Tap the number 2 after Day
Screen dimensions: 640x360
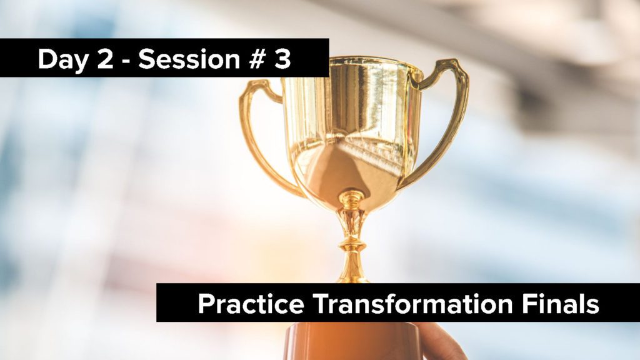(105, 59)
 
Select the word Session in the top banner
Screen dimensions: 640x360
(189, 59)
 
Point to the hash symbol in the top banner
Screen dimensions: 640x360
(257, 59)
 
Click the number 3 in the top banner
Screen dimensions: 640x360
(282, 59)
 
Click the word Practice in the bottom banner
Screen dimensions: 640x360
(251, 304)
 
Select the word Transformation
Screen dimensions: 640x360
(413, 304)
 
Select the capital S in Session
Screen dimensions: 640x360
(147, 59)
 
